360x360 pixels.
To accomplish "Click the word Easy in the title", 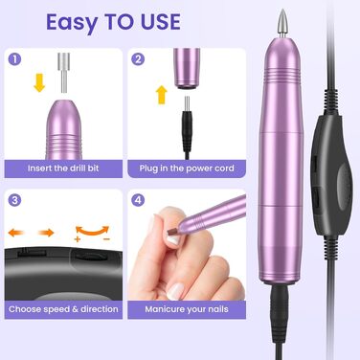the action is (x=72, y=23).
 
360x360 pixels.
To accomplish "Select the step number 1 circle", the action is (x=14, y=59).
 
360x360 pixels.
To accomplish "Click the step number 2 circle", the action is (x=138, y=59).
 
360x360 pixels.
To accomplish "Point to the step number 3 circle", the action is (x=14, y=200).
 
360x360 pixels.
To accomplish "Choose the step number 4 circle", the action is (x=138, y=200).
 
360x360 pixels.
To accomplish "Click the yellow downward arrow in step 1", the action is (x=39, y=82).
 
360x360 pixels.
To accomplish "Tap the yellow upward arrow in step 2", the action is (x=162, y=95).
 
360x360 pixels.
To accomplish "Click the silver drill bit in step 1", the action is (x=64, y=73).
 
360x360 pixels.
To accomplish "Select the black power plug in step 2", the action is (x=187, y=127).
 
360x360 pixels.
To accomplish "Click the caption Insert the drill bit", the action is (x=63, y=169).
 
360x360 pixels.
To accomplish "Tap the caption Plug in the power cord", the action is (x=187, y=169).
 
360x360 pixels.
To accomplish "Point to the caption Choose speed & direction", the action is (x=63, y=309).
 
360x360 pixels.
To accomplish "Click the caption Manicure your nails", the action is (x=187, y=309).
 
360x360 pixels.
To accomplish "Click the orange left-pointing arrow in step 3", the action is (x=16, y=233).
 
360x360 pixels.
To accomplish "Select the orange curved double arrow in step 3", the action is (x=93, y=231).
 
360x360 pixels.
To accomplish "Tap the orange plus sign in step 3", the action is (x=78, y=239).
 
